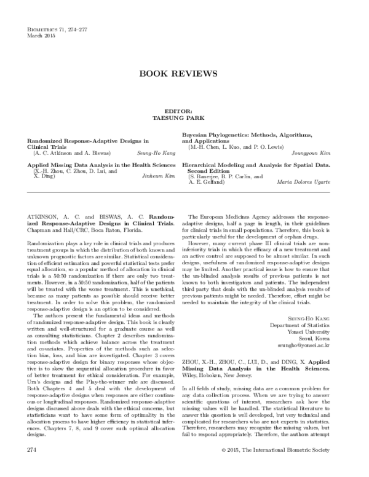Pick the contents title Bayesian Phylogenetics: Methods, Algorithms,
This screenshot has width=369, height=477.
[x=256, y=134]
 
